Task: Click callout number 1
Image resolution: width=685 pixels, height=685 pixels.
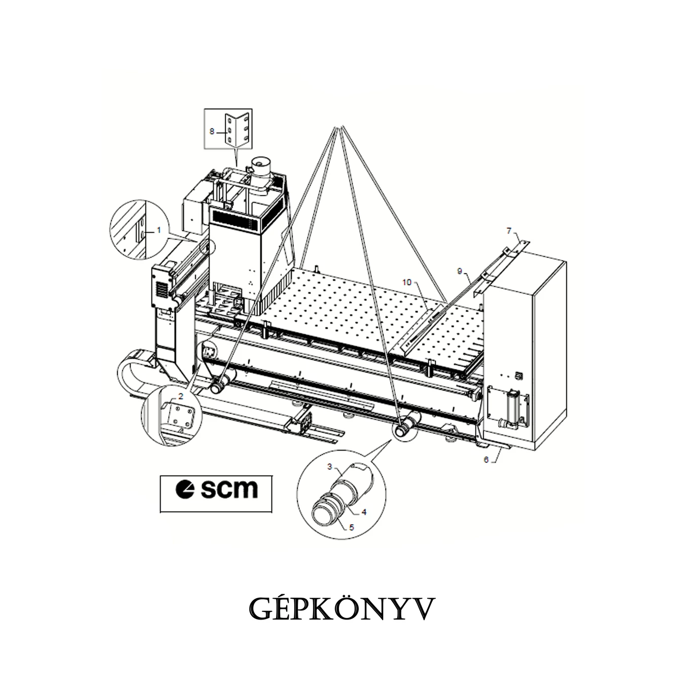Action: [158, 230]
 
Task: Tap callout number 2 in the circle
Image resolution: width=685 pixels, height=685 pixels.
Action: [181, 396]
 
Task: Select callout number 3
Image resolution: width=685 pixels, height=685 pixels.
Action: [329, 466]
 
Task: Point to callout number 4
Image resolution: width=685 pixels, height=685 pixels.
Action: [364, 512]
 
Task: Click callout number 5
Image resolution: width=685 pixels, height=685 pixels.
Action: [352, 527]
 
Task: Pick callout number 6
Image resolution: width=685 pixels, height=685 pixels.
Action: [486, 460]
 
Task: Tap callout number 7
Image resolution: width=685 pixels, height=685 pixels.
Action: [509, 231]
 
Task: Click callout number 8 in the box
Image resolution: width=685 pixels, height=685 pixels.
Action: [212, 131]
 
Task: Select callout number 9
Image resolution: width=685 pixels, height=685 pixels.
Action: [460, 271]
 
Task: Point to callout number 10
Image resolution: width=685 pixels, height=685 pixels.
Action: [406, 282]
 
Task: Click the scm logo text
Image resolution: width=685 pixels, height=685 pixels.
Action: [229, 489]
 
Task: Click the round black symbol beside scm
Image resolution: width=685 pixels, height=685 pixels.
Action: [185, 489]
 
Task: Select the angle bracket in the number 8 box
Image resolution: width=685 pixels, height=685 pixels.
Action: [236, 130]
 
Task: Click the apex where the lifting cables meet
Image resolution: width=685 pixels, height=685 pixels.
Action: [339, 127]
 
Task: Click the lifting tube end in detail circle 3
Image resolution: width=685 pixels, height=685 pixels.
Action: [324, 516]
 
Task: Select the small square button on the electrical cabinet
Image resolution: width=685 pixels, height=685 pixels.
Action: [519, 375]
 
